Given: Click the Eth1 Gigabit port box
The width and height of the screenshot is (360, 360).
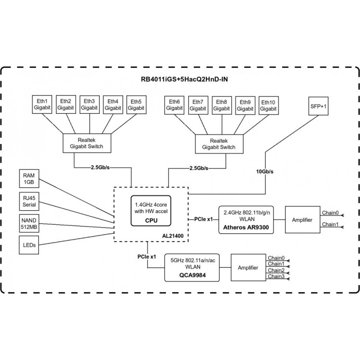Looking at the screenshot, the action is (x=42, y=105).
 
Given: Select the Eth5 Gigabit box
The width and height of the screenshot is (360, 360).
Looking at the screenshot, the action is (x=136, y=105).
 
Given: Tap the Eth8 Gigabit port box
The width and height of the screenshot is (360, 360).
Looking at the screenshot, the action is (x=222, y=105).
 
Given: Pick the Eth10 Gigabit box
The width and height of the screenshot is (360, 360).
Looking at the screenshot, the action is (x=269, y=106).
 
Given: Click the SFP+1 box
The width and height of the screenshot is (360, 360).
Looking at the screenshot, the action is (x=318, y=106).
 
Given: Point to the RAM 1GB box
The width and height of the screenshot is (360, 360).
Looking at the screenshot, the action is (x=29, y=179).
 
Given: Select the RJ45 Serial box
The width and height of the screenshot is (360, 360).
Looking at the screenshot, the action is (x=29, y=201).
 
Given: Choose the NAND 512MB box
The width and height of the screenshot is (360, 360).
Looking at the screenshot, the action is (x=29, y=223).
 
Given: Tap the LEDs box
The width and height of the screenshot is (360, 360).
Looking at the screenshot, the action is (x=29, y=245).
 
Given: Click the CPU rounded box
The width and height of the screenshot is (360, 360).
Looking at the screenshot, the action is (x=151, y=211).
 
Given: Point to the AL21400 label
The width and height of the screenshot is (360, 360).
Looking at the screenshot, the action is (x=173, y=236).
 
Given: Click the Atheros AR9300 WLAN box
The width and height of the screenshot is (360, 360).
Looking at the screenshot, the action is (x=246, y=220).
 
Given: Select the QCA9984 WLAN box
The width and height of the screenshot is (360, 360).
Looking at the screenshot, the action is (x=192, y=267).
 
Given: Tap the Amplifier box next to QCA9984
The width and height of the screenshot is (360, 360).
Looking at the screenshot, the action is (x=248, y=267).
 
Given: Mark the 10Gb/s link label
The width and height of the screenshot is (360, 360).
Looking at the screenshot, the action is (x=264, y=171).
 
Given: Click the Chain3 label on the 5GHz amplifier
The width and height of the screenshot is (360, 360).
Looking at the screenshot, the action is (x=276, y=276).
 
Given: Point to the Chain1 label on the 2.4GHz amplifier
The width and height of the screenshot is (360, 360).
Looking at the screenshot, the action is (x=330, y=224).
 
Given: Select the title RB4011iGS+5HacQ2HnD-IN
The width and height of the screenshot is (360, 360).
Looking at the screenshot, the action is (x=184, y=79).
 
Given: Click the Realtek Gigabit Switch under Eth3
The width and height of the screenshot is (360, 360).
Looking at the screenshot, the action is (x=87, y=143).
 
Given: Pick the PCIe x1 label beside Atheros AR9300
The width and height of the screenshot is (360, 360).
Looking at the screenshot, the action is (x=204, y=219).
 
